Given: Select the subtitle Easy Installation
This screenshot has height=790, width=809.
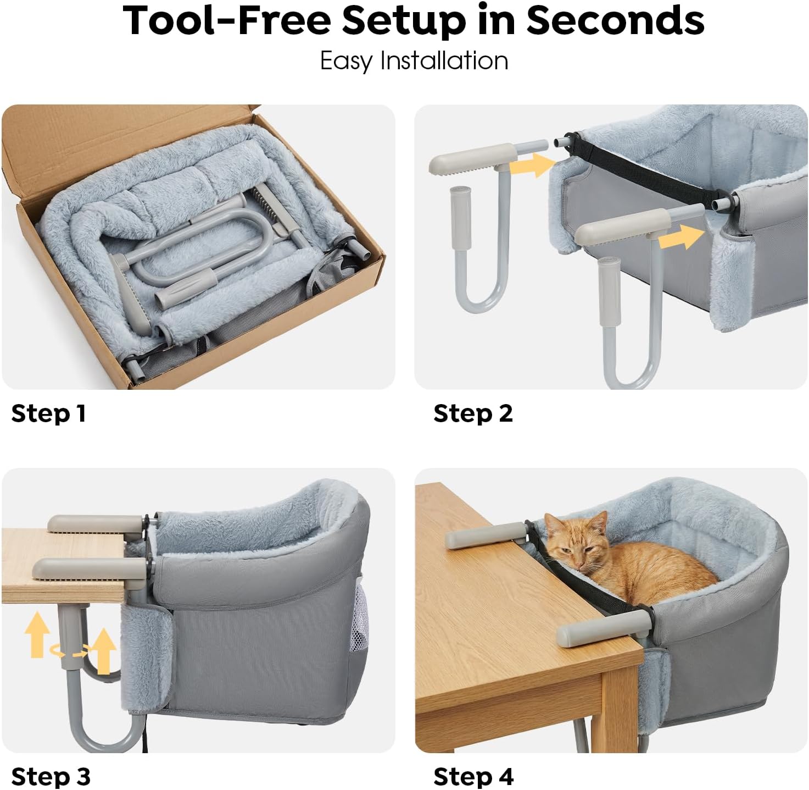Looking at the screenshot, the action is tap(414, 61).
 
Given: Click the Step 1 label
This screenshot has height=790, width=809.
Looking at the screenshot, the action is tap(49, 413).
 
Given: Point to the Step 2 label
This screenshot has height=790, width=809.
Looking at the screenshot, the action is tap(473, 413).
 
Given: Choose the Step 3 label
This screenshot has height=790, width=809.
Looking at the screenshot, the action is tap(51, 776).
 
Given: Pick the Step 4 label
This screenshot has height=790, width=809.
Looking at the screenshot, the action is tap(473, 776).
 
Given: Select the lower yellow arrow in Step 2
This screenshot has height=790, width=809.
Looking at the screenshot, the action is tap(682, 237).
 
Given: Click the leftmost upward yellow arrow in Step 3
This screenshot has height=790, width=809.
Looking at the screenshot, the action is tap(37, 635).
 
